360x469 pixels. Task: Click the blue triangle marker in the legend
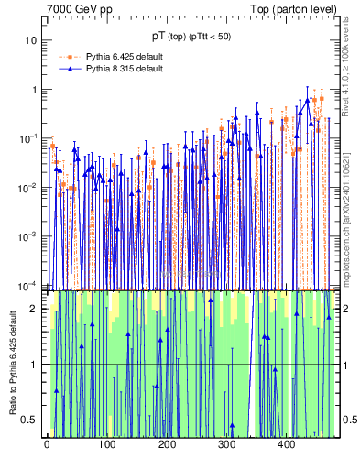coord(67,69)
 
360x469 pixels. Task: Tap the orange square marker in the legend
coord(67,57)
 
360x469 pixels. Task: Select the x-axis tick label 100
coord(106,445)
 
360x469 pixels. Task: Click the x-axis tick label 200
coord(167,445)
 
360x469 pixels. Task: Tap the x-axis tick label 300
coord(226,445)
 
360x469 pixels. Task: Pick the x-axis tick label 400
coord(286,445)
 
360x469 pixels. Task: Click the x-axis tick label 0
coord(47,445)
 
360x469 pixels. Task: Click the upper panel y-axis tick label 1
coord(35,90)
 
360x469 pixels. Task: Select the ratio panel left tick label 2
coord(35,309)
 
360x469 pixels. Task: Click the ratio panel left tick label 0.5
coord(31,420)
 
